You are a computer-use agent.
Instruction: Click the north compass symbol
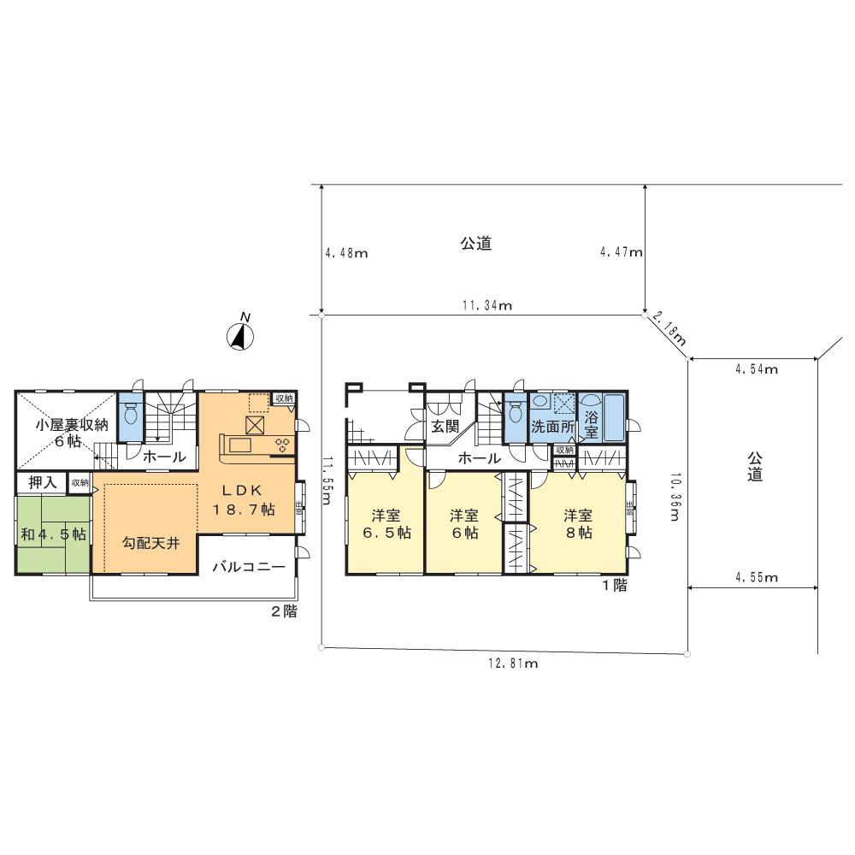pos(241,337)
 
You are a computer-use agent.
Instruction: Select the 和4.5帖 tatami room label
pos(53,534)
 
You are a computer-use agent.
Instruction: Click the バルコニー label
pos(248,566)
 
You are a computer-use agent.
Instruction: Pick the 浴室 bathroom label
pos(592,425)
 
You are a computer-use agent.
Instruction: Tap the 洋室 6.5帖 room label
pos(386,523)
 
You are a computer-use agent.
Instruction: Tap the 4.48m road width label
pos(346,253)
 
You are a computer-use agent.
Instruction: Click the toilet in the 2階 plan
pos(131,417)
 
